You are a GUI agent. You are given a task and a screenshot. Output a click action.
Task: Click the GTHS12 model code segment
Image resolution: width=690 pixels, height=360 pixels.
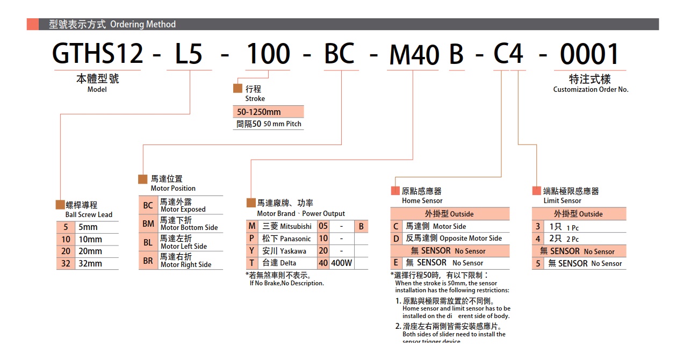[x=98, y=54]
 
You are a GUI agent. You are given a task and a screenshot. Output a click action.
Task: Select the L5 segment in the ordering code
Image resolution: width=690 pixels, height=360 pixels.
[x=189, y=54]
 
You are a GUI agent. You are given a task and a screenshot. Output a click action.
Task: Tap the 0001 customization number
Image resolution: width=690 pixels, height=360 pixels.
[x=590, y=54]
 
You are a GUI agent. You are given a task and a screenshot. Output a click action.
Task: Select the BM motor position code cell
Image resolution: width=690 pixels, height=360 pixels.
[x=148, y=224]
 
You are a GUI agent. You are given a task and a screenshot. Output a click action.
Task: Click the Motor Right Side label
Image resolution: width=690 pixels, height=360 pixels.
[x=186, y=264]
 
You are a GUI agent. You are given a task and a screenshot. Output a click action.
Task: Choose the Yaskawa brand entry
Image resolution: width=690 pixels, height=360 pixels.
[x=285, y=251]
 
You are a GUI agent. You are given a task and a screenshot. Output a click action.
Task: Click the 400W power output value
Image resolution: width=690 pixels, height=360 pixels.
[x=342, y=263]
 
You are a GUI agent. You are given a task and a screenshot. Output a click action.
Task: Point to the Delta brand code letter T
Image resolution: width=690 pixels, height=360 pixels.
[x=251, y=263]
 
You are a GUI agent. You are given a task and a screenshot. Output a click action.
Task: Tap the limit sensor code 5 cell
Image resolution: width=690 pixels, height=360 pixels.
[x=538, y=263]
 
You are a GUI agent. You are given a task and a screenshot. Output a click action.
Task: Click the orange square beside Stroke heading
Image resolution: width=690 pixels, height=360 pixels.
[x=238, y=89]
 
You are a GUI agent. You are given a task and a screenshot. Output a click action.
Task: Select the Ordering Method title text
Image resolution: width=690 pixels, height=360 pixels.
[x=143, y=24]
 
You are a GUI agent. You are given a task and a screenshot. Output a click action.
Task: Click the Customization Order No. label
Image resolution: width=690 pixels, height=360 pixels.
[x=591, y=90]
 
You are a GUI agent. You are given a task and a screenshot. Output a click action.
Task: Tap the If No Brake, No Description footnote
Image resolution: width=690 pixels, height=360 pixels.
[x=286, y=283]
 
